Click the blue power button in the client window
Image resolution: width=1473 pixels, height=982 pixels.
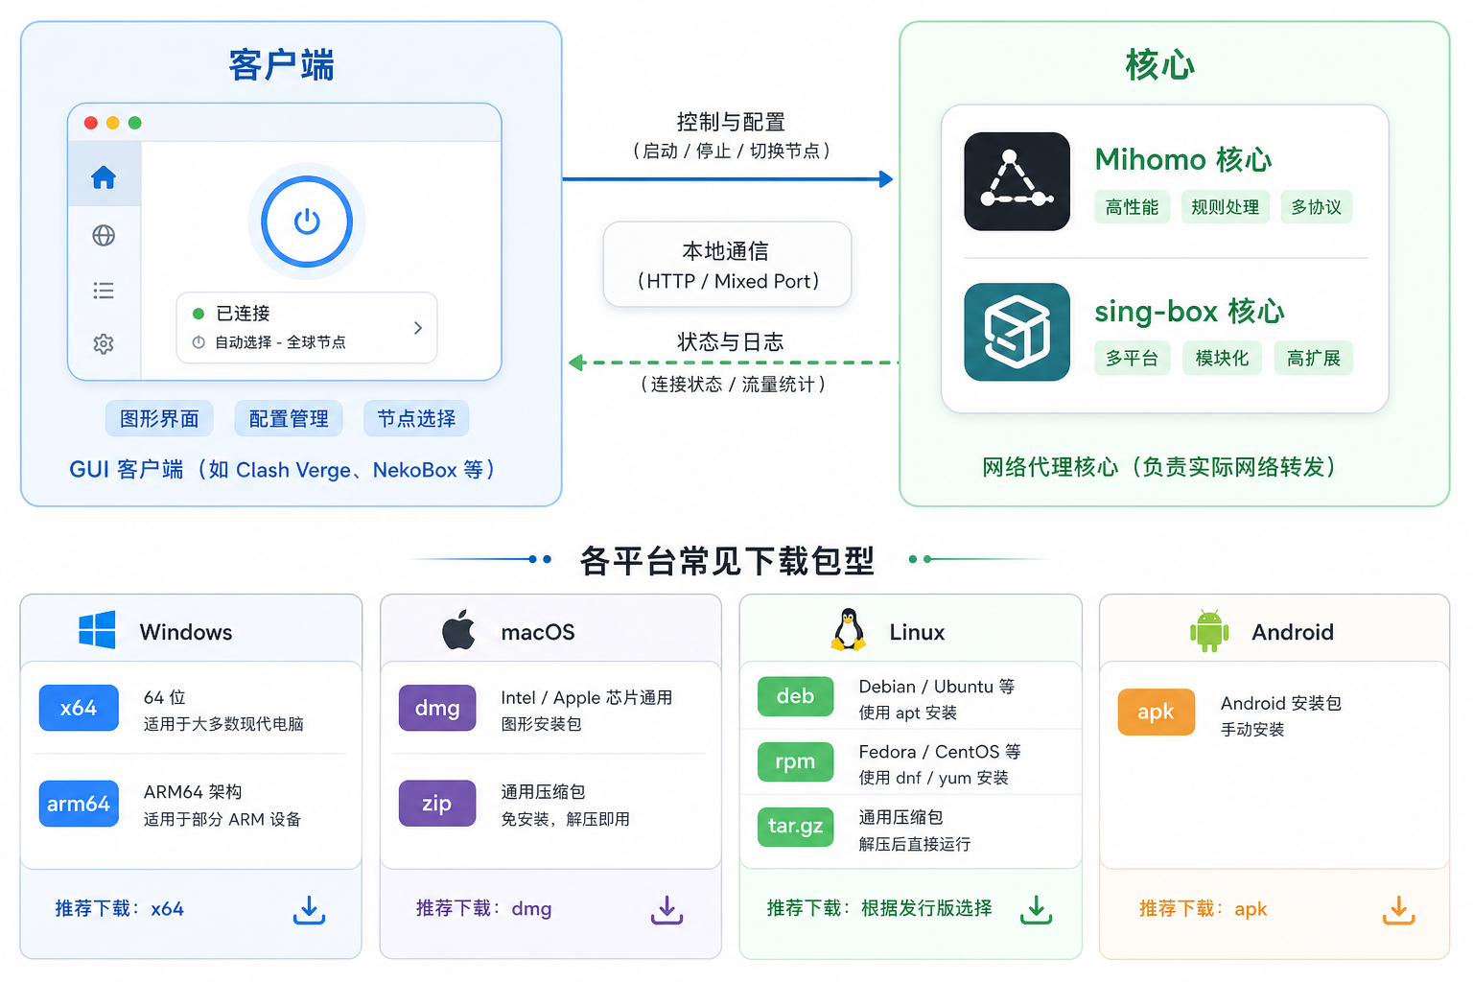pyautogui.click(x=307, y=222)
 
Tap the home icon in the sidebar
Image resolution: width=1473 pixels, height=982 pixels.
pyautogui.click(x=104, y=176)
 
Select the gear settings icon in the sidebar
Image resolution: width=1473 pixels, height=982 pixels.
pyautogui.click(x=104, y=343)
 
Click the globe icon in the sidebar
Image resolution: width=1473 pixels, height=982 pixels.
pyautogui.click(x=104, y=235)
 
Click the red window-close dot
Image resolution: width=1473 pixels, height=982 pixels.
pyautogui.click(x=91, y=123)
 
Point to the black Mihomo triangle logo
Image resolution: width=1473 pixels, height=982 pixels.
pyautogui.click(x=1017, y=181)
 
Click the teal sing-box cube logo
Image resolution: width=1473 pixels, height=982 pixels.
pyautogui.click(x=1017, y=332)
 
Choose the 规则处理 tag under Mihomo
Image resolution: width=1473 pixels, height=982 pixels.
pyautogui.click(x=1225, y=207)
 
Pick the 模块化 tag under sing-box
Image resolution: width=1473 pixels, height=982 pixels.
pyautogui.click(x=1222, y=358)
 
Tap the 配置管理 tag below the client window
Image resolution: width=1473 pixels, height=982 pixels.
pyautogui.click(x=289, y=418)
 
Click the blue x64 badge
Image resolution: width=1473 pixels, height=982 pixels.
pyautogui.click(x=79, y=708)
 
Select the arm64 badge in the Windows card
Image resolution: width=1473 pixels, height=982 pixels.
pyautogui.click(x=79, y=803)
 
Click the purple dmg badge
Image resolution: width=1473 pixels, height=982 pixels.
pyautogui.click(x=437, y=708)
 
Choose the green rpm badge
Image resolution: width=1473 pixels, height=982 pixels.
pyautogui.click(x=795, y=761)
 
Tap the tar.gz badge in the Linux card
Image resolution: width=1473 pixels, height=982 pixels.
pyautogui.click(x=795, y=826)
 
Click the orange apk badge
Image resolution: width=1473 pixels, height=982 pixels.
pyautogui.click(x=1156, y=712)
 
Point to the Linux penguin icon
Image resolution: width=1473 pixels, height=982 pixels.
pyautogui.click(x=849, y=629)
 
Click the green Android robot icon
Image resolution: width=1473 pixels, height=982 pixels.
pyautogui.click(x=1209, y=630)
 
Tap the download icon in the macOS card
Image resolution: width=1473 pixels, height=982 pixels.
pyautogui.click(x=666, y=910)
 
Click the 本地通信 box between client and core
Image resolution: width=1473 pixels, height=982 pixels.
pyautogui.click(x=727, y=265)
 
